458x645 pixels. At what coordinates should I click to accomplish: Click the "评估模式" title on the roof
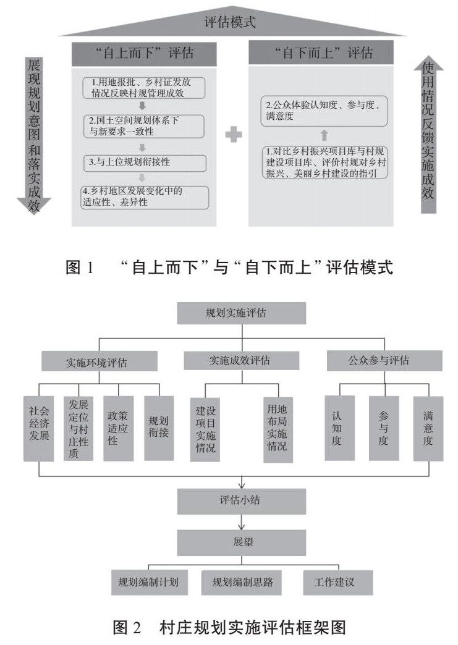(230, 23)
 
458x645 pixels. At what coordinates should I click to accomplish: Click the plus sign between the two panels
(233, 135)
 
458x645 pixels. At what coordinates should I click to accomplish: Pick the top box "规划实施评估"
(241, 313)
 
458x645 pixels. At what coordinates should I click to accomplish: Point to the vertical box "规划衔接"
(159, 427)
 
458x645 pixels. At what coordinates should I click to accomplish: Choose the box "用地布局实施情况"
(277, 427)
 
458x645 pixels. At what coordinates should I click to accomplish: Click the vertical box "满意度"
(428, 427)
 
